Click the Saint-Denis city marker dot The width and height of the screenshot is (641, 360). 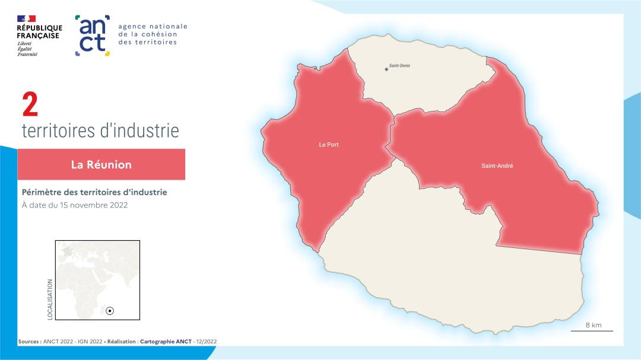click(386, 69)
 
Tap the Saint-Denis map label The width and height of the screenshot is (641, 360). click(399, 65)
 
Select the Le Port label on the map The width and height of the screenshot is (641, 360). click(329, 145)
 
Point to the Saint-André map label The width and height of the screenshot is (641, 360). click(497, 166)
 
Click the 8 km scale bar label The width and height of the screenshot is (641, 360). click(593, 325)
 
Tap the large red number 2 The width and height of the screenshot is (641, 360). click(30, 105)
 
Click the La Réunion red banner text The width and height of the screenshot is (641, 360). click(101, 164)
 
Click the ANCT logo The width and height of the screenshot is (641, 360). click(93, 36)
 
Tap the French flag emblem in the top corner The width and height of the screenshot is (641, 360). click(27, 19)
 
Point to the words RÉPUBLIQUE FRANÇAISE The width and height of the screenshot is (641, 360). click(39, 31)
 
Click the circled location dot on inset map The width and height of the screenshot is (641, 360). click(110, 311)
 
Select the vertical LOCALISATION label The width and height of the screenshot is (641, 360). click(50, 300)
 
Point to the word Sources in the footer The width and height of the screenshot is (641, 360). click(30, 342)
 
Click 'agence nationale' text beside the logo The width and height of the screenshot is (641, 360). click(153, 26)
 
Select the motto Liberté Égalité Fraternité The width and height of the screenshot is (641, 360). click(27, 49)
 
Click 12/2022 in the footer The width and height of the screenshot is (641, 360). click(210, 342)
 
